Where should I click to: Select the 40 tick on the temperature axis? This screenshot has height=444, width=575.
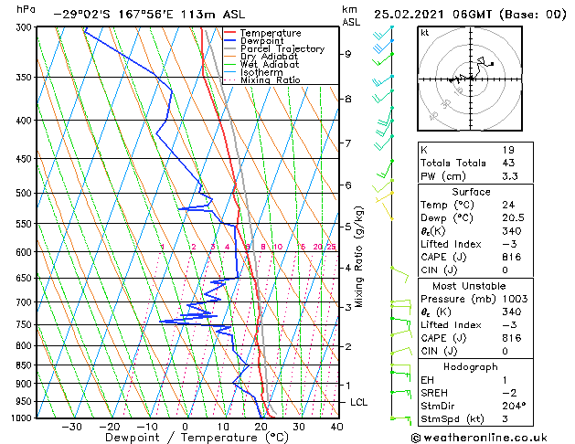tap(336, 426)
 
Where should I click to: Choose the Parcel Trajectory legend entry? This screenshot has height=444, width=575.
tap(282, 48)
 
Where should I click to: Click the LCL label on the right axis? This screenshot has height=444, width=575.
tap(359, 402)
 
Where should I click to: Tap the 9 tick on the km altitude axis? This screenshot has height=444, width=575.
tap(347, 54)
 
